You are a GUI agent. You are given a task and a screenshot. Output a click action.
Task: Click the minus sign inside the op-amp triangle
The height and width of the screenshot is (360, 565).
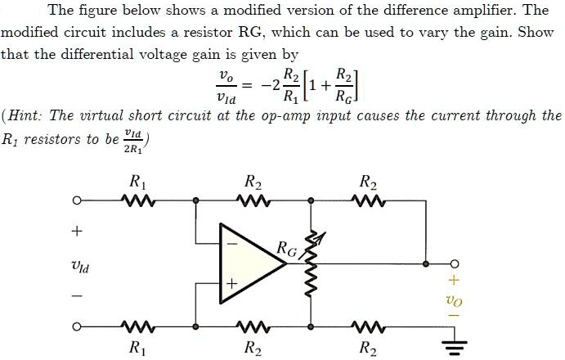pyautogui.click(x=231, y=243)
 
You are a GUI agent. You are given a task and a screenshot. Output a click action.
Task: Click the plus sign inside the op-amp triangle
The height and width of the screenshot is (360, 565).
pyautogui.click(x=231, y=283)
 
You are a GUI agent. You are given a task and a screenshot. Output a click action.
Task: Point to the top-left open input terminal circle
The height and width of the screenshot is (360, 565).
pyautogui.click(x=77, y=200)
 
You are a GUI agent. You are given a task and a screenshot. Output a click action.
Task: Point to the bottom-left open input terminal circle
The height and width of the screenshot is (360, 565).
pyautogui.click(x=77, y=328)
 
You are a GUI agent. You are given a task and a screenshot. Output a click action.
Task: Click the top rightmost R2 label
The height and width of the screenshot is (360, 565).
pyautogui.click(x=365, y=182)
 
